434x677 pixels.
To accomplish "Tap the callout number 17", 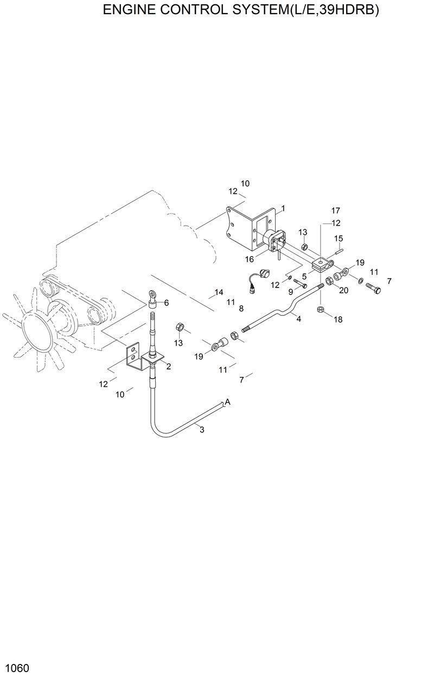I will coord(336,210).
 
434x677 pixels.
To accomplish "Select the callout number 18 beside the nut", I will coord(338,320).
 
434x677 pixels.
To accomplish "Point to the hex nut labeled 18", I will coord(321,309).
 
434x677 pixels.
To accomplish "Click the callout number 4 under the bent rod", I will coord(298,319).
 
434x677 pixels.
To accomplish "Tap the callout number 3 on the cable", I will coord(202,430).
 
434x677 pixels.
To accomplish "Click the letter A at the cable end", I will coord(228,402).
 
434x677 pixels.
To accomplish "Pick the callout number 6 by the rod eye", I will coord(167,303).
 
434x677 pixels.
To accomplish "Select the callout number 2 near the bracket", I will coord(169,367).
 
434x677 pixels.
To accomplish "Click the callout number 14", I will coord(219,292).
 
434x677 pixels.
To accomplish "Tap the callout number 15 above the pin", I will coord(339,238).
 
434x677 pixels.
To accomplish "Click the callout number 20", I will coord(344,290).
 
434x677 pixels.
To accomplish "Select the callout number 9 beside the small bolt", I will coord(290,291).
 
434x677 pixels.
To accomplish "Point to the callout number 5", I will coord(305,276).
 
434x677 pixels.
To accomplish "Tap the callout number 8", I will coord(241,308).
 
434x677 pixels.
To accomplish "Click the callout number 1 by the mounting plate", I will coord(283,208).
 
